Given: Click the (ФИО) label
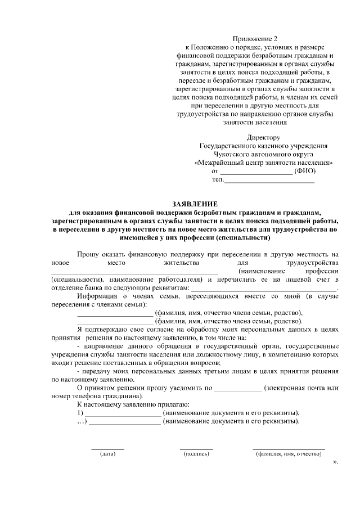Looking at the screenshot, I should pos(305,171).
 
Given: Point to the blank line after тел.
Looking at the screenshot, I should pos(269,181).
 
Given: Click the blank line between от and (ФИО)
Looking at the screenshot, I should pos(255,172).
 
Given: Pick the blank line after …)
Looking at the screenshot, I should pos(125,422).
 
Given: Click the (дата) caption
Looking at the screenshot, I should pos(107,454).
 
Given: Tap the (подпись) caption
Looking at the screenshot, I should pos(196,454).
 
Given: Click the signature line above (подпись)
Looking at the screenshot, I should pos(196,449).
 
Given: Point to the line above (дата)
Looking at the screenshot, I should pos(107,449).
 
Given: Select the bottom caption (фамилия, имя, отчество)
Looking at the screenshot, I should pos(288,454).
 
